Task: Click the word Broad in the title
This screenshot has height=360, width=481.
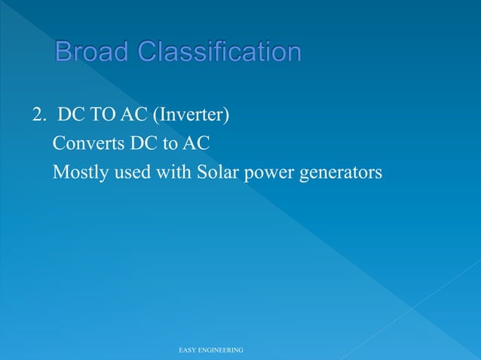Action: (93, 52)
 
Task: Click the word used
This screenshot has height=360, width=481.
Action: (131, 173)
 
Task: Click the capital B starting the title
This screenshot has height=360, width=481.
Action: (63, 52)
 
